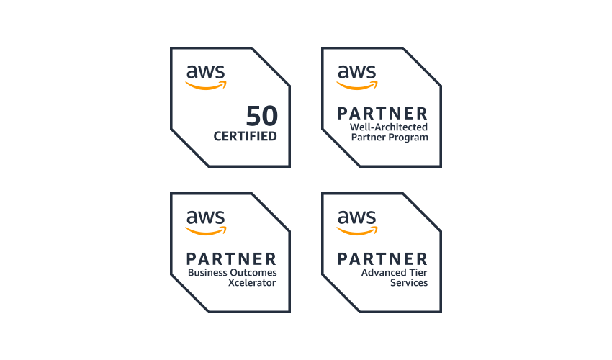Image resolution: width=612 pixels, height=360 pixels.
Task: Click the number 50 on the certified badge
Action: [261, 116]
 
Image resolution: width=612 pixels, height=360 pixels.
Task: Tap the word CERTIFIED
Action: [245, 135]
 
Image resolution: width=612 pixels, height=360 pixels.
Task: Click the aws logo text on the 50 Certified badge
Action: [205, 72]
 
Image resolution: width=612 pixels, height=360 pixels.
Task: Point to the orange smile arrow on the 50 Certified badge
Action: [206, 86]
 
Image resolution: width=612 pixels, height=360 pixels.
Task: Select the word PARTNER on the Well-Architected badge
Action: [382, 113]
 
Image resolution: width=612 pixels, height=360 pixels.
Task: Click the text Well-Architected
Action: [389, 127]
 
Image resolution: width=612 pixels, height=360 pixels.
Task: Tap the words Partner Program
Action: [389, 137]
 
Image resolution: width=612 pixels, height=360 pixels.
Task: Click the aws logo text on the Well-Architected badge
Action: [356, 72]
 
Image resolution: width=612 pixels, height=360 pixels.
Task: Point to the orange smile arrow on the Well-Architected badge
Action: [357, 86]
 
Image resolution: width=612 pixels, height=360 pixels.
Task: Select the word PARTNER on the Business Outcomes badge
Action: [231, 258]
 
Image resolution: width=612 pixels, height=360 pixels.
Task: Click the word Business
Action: [207, 273]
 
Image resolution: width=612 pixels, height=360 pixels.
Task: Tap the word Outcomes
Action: [253, 273]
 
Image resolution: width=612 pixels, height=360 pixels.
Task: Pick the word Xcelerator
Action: [252, 283]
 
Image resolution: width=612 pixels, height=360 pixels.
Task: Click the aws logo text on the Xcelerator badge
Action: [205, 217]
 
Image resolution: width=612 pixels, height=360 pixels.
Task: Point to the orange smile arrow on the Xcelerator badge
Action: [206, 231]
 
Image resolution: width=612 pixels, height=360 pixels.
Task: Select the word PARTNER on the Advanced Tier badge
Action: [382, 258]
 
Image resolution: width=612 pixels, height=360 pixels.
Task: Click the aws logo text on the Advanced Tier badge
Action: [356, 217]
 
